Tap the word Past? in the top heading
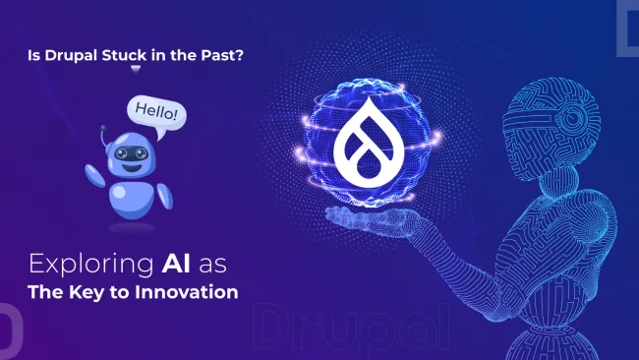tap(220, 56)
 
